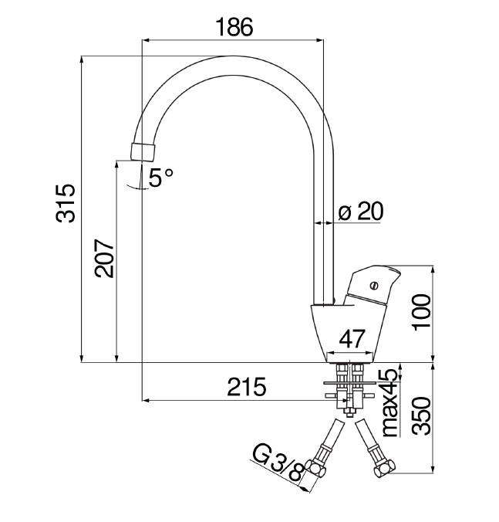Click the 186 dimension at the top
pyautogui.click(x=234, y=27)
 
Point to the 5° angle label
pyautogui.click(x=161, y=178)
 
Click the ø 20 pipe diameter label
pyautogui.click(x=360, y=212)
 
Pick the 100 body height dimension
pyautogui.click(x=420, y=311)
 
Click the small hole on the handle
pyautogui.click(x=376, y=283)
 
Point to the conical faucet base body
pyautogui.click(x=346, y=328)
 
